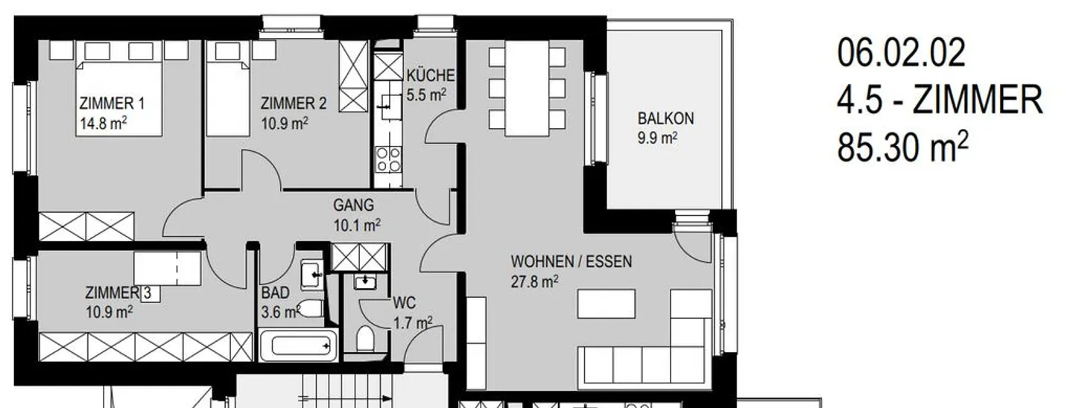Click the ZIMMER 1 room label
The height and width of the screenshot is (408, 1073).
pos(112,103)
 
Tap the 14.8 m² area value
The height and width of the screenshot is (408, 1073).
pos(103,124)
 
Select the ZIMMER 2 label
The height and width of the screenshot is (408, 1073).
pos(294,103)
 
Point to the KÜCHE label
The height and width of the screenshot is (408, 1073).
pos(430,75)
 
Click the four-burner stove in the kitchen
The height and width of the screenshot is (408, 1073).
pos(388,160)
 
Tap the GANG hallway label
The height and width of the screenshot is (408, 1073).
pos(353,205)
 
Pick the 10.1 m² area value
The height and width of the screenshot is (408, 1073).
pos(357,225)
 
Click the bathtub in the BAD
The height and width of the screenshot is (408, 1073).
pos(299,345)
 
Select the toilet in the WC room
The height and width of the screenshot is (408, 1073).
pos(365,339)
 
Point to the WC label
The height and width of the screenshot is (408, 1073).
pos(405,302)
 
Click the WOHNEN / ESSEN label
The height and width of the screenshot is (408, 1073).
pos(572,261)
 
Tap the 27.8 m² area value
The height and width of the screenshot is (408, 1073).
pos(534,281)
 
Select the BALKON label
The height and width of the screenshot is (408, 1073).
pos(665,118)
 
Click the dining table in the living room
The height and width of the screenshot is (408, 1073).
pos(527,88)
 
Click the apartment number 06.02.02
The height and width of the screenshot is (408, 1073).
pos(901,53)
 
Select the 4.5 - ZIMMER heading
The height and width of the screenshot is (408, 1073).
pos(940,100)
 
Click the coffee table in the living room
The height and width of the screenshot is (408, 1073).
pos(607,304)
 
